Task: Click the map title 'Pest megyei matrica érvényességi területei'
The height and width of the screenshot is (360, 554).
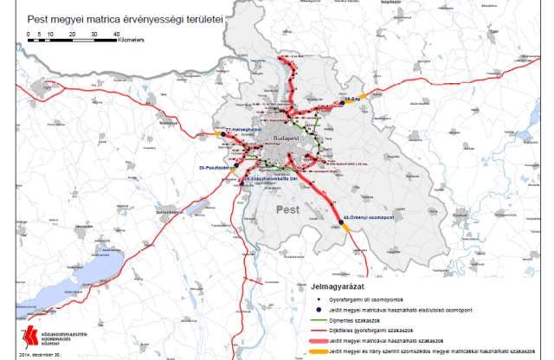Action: (x=126, y=16)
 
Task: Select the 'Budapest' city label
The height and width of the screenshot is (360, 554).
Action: (x=287, y=138)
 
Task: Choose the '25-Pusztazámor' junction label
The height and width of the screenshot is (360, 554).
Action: (x=217, y=165)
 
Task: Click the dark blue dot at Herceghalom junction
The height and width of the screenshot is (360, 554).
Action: (x=223, y=133)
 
